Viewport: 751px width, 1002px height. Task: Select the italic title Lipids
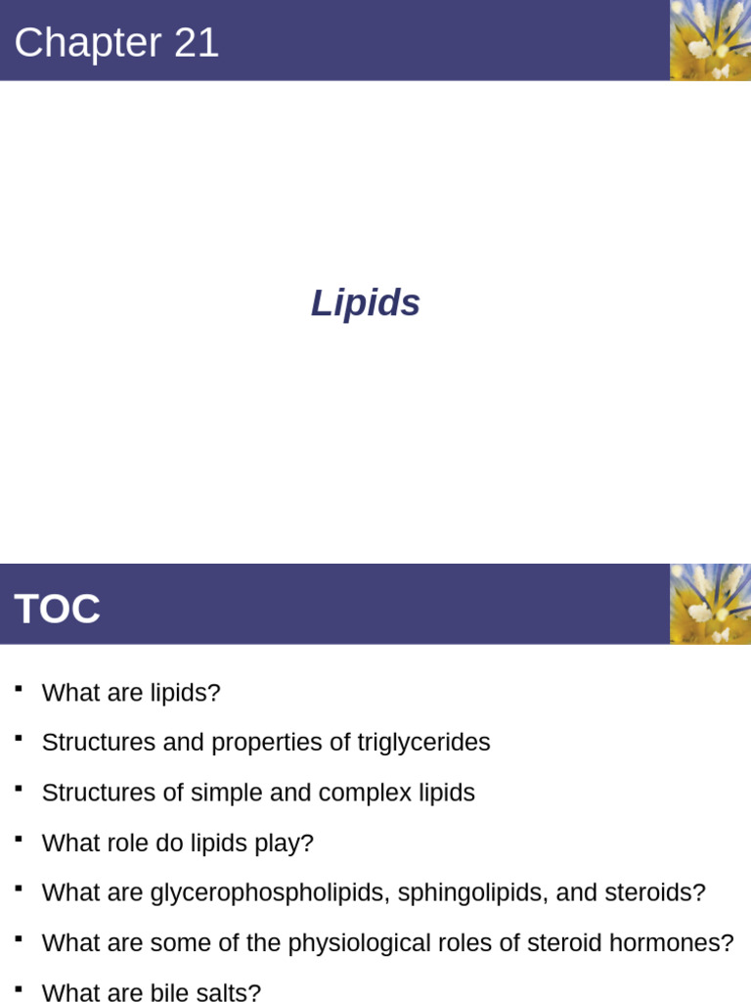(x=366, y=303)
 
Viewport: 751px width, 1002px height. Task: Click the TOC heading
(x=57, y=610)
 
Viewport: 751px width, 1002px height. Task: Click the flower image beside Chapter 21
(x=710, y=40)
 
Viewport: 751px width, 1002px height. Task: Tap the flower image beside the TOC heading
(x=710, y=604)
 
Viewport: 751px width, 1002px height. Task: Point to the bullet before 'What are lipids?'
(x=19, y=689)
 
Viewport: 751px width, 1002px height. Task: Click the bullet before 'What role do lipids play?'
(x=19, y=839)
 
